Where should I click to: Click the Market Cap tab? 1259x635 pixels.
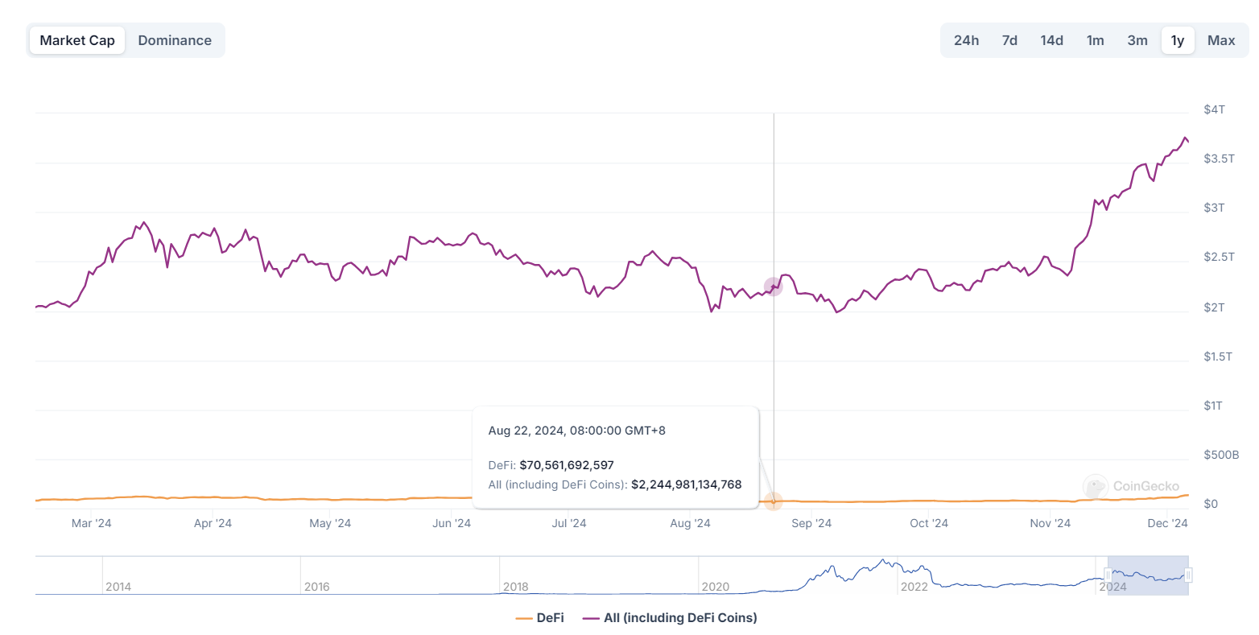point(77,40)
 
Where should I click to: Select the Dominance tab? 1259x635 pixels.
point(175,40)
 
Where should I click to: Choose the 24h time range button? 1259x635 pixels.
point(966,40)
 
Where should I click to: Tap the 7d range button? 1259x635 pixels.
point(1009,40)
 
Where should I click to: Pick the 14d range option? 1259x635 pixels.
point(1051,40)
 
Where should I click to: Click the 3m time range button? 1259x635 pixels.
point(1137,40)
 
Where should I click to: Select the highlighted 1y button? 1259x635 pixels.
point(1177,40)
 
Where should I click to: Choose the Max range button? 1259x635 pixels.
point(1220,40)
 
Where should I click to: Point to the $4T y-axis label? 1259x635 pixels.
point(1214,109)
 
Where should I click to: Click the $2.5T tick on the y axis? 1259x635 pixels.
point(1219,258)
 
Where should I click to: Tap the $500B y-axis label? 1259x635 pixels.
point(1220,456)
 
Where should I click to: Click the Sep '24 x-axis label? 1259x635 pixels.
point(811,524)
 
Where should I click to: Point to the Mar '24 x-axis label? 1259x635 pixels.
point(92,524)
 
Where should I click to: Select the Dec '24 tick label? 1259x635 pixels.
point(1167,524)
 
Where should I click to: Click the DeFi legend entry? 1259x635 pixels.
point(540,618)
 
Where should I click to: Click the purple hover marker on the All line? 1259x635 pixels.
point(773,287)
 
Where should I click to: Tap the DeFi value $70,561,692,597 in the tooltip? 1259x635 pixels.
point(567,465)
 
